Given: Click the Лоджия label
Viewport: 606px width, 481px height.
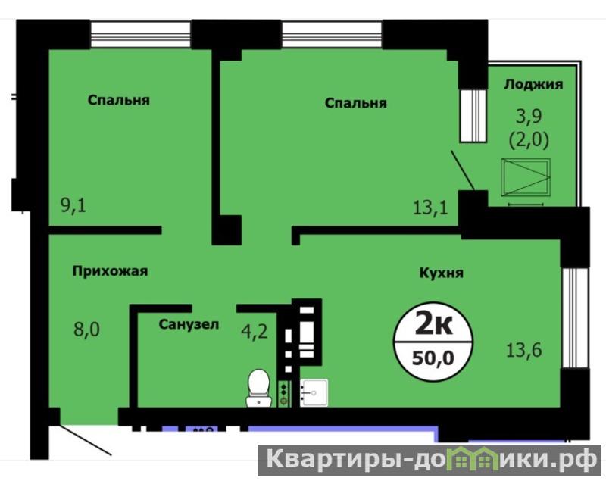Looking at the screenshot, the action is (533, 84).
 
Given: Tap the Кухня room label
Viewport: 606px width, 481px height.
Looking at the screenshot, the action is (442, 273).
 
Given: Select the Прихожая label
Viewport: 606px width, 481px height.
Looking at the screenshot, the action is (110, 271).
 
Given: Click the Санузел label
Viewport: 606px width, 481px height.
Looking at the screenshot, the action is (189, 324).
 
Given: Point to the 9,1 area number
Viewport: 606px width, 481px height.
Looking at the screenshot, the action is (73, 205).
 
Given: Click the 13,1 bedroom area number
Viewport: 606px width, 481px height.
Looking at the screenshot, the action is (430, 208).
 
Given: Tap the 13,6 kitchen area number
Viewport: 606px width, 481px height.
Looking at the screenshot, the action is (524, 350).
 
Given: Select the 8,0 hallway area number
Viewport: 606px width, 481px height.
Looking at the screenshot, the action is (86, 330).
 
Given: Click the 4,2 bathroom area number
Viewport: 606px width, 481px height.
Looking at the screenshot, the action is (255, 332).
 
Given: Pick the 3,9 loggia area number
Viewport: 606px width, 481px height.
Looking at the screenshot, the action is (529, 117).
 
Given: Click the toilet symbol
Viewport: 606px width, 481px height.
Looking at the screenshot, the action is (258, 388).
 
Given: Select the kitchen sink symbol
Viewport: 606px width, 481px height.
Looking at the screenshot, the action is (314, 392).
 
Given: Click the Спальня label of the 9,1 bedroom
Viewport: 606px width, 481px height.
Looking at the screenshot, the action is (119, 101).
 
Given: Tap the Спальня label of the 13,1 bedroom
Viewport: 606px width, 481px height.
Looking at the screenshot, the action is (355, 103).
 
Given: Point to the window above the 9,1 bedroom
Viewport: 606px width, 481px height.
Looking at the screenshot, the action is (141, 34).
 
